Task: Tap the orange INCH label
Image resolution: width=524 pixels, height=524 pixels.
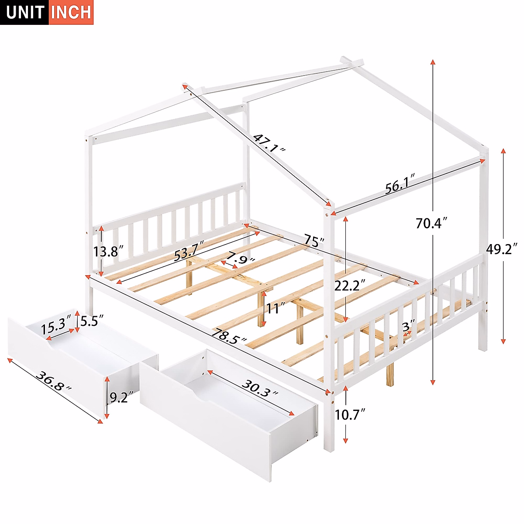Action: coord(71,12)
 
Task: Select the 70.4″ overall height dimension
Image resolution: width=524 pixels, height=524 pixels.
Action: coord(431,223)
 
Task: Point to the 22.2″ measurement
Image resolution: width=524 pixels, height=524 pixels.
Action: coord(350,285)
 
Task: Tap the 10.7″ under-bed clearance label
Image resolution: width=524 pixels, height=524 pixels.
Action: coord(350,414)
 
